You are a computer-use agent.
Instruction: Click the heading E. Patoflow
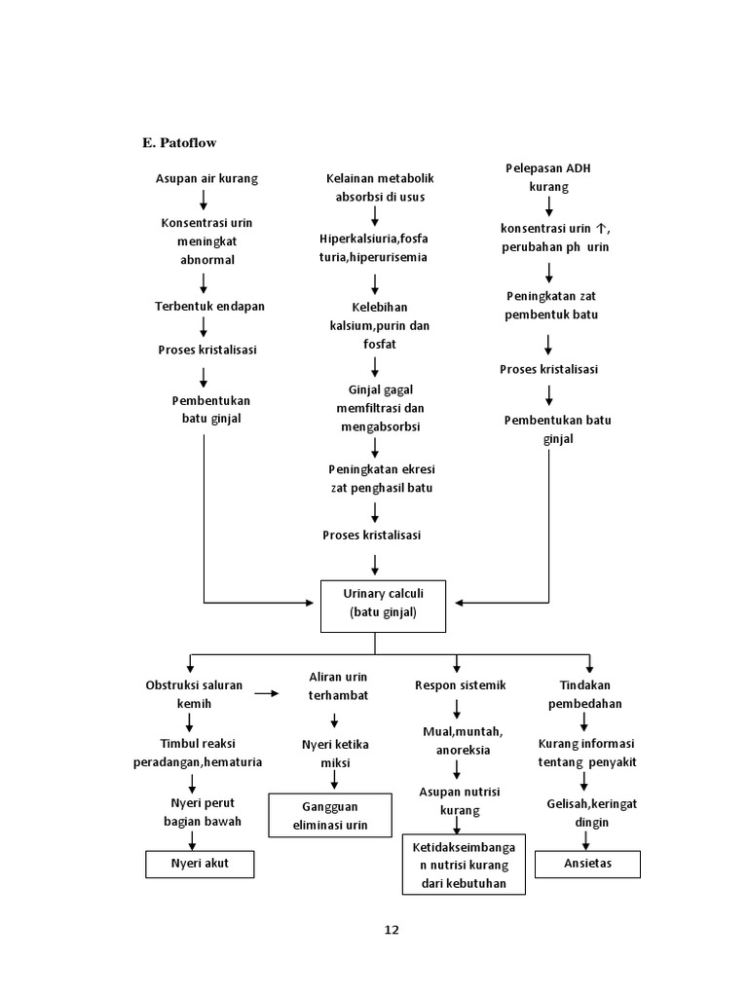click(179, 143)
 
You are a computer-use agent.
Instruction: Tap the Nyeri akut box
click(200, 864)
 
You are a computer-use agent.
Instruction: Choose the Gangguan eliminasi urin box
click(330, 815)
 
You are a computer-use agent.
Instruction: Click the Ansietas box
click(587, 864)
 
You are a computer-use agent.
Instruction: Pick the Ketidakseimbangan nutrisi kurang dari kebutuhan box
click(465, 863)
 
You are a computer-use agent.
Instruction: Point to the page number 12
click(391, 929)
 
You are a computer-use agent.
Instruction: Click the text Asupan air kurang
click(206, 179)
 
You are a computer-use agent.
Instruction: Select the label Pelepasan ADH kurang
click(548, 177)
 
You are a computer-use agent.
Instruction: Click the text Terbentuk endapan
click(209, 306)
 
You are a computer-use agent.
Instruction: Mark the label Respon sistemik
click(461, 685)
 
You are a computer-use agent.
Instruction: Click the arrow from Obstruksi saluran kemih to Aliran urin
click(267, 694)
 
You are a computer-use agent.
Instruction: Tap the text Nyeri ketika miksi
click(335, 754)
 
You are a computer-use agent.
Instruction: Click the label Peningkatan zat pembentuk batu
click(552, 305)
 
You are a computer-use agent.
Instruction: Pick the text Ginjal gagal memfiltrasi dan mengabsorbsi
click(375, 408)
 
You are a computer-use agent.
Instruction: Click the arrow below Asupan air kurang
click(204, 200)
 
